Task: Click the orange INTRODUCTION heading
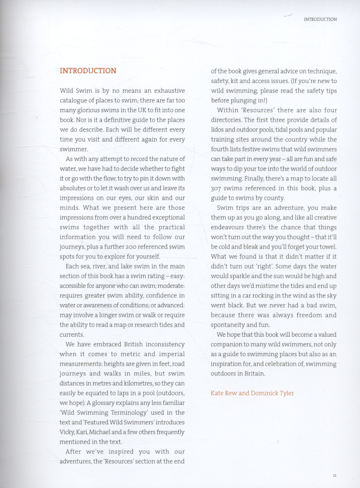[x=88, y=71]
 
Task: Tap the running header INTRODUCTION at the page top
[x=320, y=19]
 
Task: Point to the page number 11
[x=335, y=475]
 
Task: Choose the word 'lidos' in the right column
[x=219, y=129]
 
